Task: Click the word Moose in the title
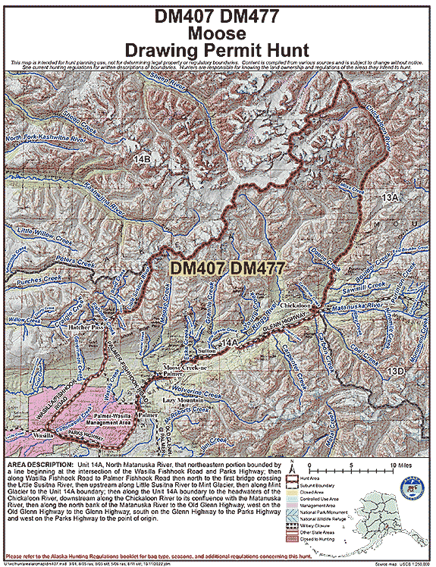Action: coord(217,33)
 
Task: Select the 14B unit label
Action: coord(142,158)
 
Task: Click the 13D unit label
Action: coord(394,370)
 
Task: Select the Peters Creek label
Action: coord(74,260)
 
